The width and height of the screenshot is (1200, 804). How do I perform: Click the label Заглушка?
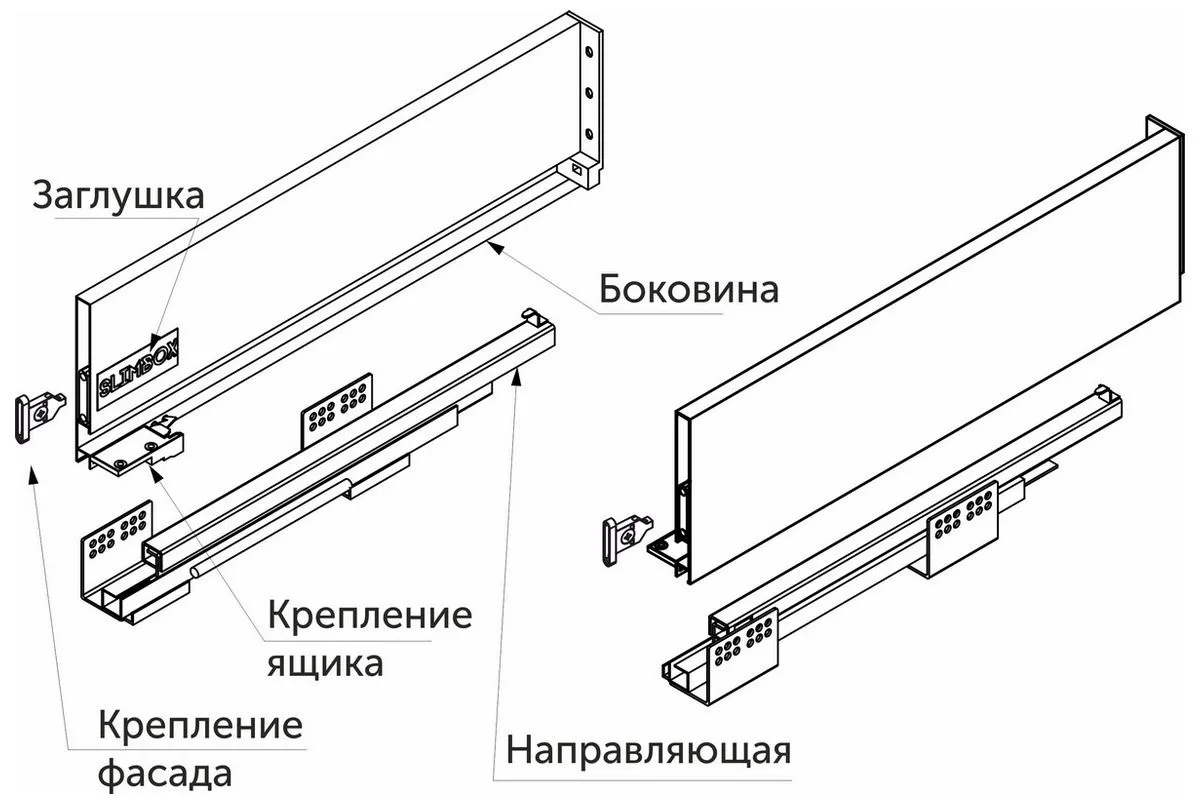117,194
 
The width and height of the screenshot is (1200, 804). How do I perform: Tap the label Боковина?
688,289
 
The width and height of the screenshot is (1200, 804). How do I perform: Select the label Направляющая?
647,748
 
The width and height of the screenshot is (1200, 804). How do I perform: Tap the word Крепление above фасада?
201,724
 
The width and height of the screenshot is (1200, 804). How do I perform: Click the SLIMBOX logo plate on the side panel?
138,367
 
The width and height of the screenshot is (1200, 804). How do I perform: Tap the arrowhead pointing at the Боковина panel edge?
493,244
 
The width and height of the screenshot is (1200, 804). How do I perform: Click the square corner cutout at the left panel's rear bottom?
578,170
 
